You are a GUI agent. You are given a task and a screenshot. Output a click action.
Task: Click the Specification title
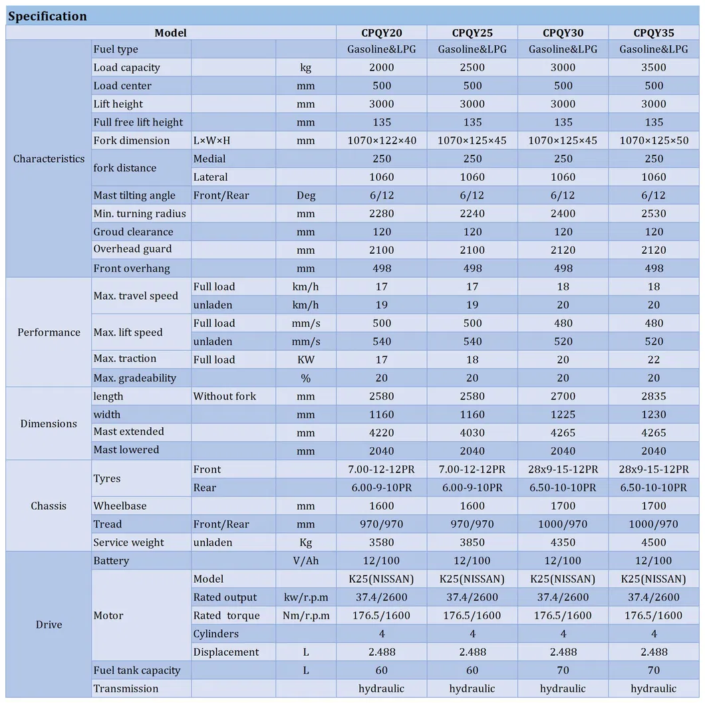click(48, 16)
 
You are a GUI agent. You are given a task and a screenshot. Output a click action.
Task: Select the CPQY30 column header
click(563, 33)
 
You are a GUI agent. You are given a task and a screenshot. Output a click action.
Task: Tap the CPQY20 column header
click(381, 33)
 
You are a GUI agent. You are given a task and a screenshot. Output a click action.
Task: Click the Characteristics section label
click(49, 159)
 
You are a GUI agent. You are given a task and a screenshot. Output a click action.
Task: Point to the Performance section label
click(49, 332)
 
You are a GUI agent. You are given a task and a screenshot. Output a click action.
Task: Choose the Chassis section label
click(49, 506)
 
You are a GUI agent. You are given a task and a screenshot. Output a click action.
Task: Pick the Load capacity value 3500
click(654, 67)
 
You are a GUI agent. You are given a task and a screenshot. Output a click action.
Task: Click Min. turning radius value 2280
click(381, 213)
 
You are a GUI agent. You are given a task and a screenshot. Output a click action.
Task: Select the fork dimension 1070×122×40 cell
click(381, 140)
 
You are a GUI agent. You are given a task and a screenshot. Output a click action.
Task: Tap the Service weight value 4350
click(563, 542)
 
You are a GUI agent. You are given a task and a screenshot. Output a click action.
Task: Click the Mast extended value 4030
click(472, 433)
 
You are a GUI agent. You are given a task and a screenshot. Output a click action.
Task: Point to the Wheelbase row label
click(120, 506)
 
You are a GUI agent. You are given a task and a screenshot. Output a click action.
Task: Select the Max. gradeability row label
click(134, 378)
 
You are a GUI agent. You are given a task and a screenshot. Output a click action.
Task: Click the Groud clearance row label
click(133, 232)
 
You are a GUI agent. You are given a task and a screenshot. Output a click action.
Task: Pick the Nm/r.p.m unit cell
click(305, 615)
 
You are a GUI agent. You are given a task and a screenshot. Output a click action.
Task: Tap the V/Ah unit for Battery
click(305, 561)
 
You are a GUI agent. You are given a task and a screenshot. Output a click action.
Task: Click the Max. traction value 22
click(654, 359)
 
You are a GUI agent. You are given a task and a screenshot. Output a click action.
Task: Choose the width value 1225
click(563, 415)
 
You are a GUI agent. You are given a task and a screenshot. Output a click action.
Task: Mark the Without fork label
click(224, 396)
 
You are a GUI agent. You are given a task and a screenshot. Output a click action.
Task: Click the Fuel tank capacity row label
click(136, 670)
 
